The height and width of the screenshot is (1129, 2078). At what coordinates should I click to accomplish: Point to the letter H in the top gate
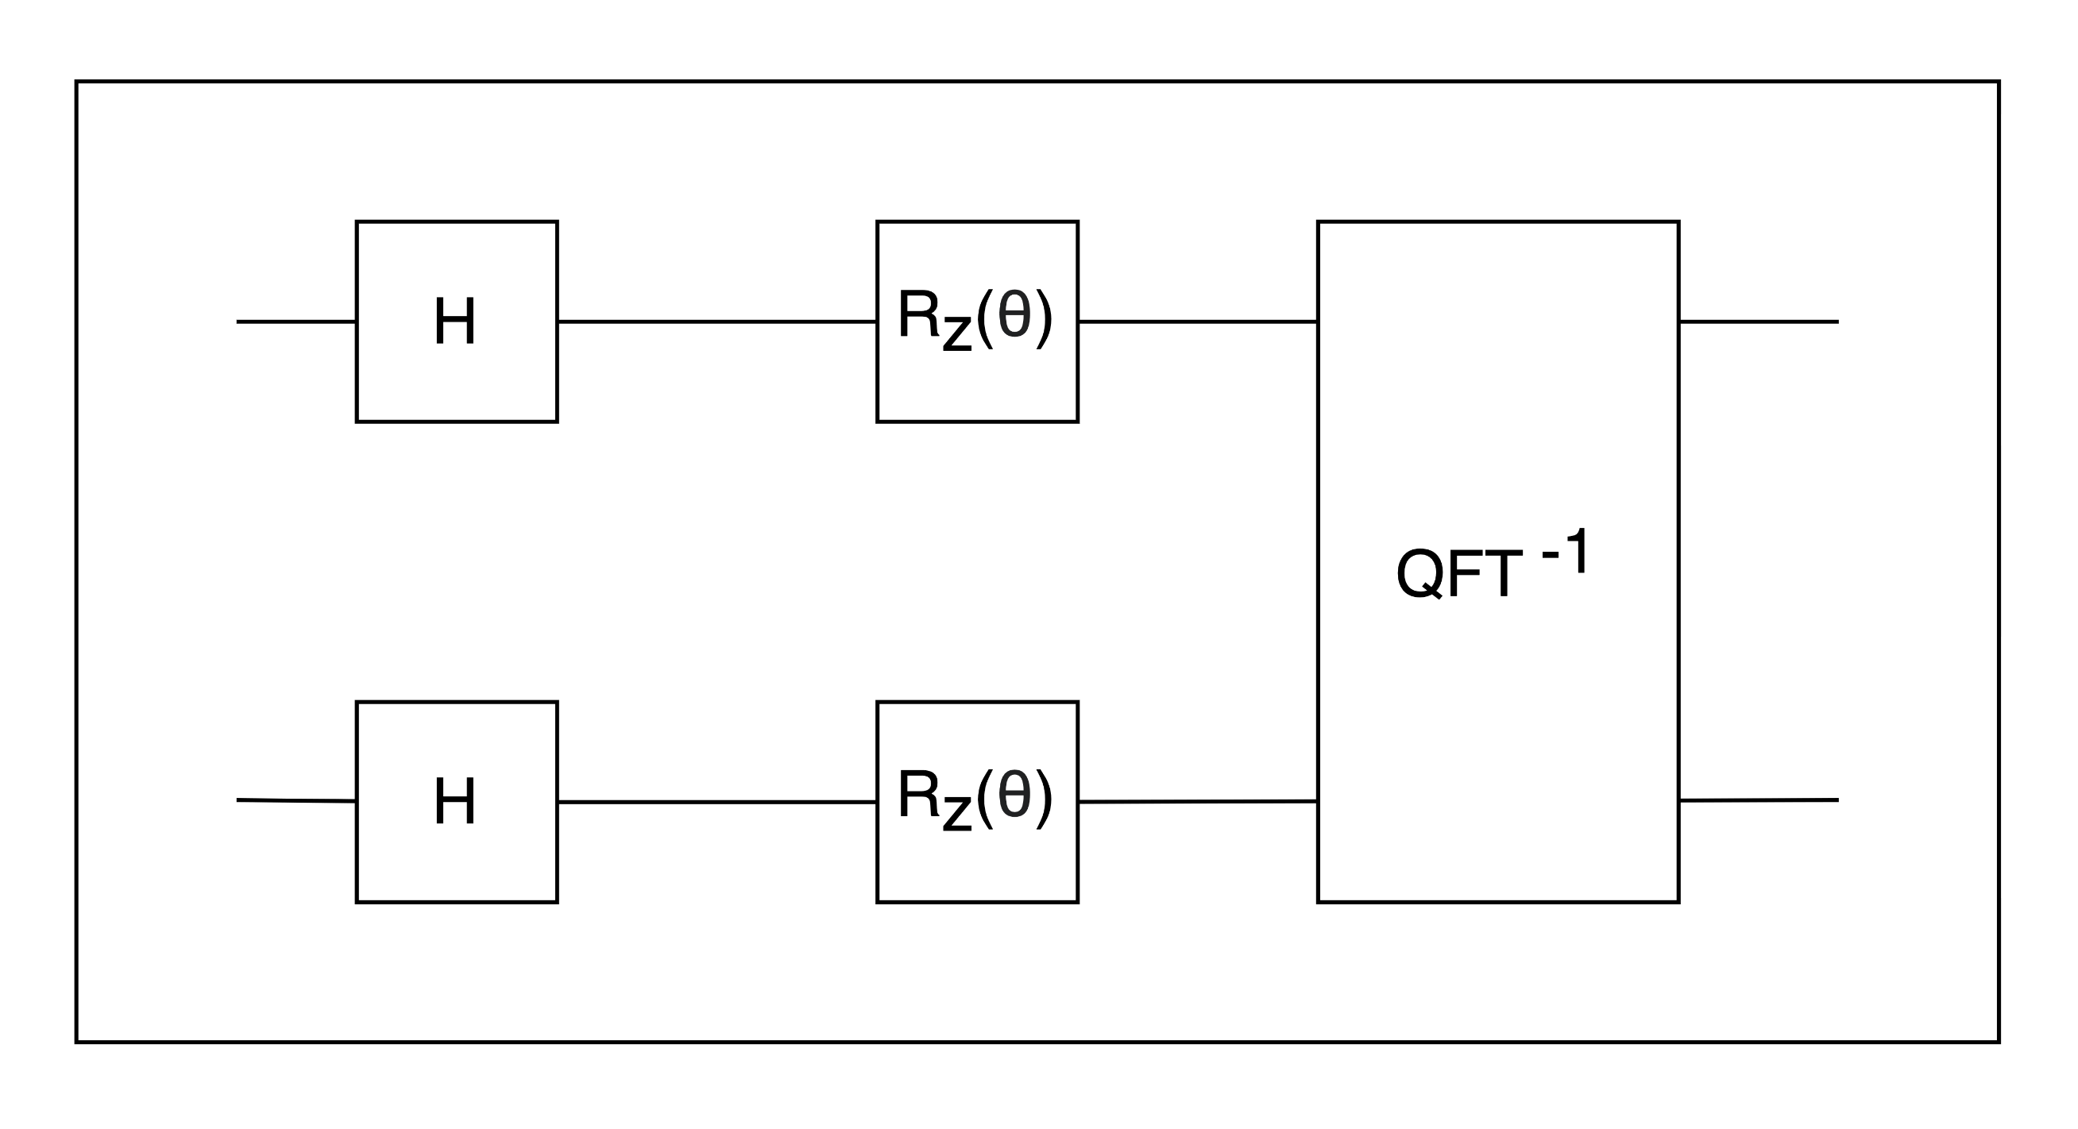coord(455,321)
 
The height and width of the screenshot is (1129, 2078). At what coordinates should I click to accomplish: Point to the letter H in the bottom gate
coord(455,802)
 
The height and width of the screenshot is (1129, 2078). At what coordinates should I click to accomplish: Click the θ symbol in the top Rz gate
coord(1014,314)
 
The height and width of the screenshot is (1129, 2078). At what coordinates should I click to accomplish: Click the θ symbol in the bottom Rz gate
coord(1014,794)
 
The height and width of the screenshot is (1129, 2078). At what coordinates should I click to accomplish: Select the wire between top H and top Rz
coord(716,322)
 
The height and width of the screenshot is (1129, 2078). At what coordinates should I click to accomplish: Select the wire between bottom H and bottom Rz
coord(716,803)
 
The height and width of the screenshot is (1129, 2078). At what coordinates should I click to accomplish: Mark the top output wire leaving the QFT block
coord(1759,322)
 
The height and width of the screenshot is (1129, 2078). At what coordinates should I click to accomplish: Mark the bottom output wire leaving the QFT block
coord(1759,800)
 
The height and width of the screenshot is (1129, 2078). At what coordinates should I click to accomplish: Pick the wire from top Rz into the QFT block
coord(1197,322)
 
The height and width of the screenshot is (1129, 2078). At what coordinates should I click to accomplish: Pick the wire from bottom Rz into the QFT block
coord(1197,802)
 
